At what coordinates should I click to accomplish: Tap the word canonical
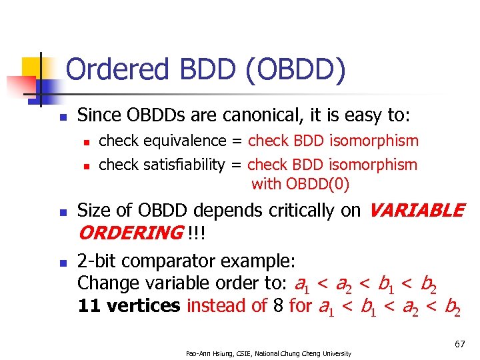256,116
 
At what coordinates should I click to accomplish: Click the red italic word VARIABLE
416,211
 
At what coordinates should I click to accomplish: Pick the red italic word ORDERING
129,234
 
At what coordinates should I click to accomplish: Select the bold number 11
87,306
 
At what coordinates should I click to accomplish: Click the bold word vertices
140,306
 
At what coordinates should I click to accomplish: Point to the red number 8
277,306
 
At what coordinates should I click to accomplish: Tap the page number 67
459,344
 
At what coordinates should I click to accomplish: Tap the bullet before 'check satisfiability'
85,165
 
